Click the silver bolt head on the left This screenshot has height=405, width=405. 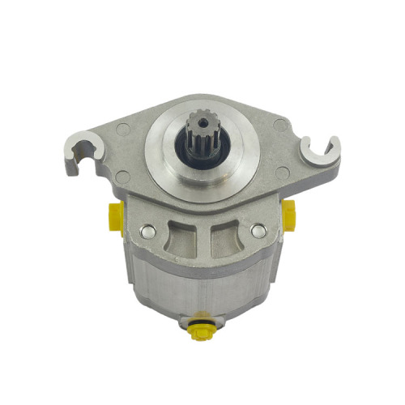(147, 232)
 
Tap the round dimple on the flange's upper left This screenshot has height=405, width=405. (122, 127)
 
